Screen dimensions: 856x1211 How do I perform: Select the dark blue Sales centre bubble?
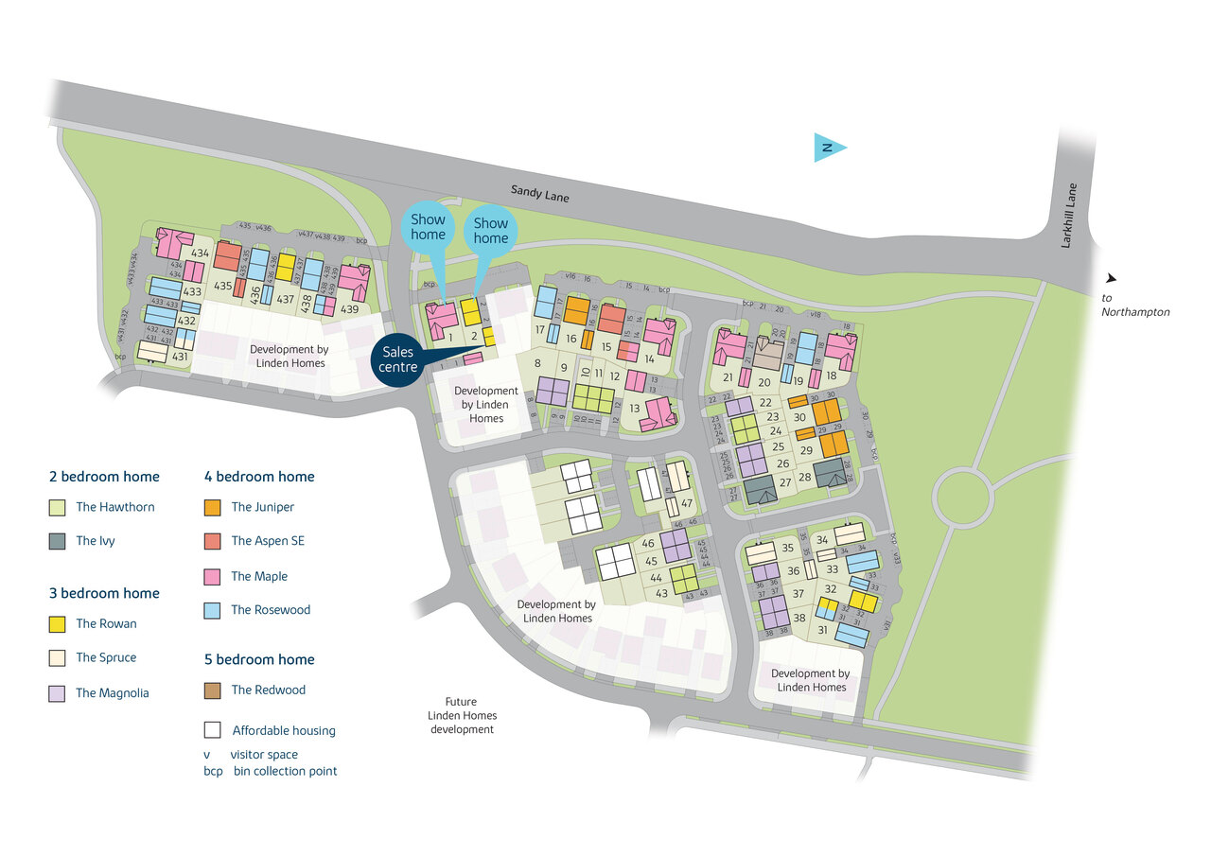coord(399,359)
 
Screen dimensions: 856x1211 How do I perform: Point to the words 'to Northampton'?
coord(1134,305)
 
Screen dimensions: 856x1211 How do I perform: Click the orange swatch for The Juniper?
coord(213,508)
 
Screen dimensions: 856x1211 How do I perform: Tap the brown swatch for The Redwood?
coord(213,690)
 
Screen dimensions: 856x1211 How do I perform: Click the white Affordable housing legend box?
coord(213,730)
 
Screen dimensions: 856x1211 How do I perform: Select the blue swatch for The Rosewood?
coord(213,611)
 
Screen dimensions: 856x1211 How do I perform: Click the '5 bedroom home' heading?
coord(259,659)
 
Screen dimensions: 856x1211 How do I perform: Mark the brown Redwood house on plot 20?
coord(768,357)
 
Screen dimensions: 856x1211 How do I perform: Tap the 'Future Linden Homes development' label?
coord(462,716)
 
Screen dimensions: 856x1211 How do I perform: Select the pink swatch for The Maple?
coord(213,576)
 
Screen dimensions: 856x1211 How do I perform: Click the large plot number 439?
coord(349,309)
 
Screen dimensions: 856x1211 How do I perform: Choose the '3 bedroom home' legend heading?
coord(104,593)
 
